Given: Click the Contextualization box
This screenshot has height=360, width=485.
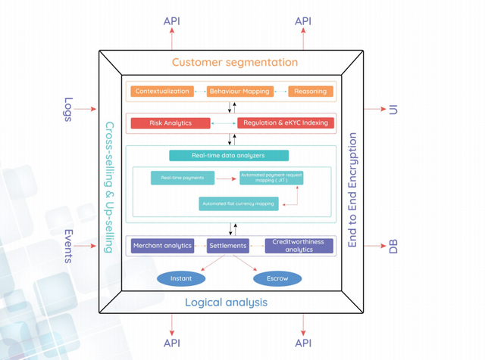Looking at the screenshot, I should click(x=162, y=92).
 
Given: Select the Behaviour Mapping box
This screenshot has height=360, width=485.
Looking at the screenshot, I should click(x=239, y=92).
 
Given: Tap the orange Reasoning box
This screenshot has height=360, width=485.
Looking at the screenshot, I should click(x=310, y=92).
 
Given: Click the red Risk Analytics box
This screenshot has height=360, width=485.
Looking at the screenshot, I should click(x=171, y=123).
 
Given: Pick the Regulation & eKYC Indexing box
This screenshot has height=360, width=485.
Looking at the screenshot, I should click(x=285, y=123).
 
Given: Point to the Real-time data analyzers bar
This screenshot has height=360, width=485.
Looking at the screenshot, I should click(x=228, y=156).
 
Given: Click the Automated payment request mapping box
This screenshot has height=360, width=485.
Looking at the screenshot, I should click(x=271, y=178).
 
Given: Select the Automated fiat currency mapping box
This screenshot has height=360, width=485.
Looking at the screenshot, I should click(x=239, y=203).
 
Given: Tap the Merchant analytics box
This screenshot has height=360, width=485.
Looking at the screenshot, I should click(x=161, y=246).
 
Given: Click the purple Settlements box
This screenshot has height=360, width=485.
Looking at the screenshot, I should click(x=228, y=246).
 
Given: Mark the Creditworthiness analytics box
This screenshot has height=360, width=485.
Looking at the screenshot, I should click(x=299, y=246).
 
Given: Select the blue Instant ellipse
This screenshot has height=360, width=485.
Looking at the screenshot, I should click(x=181, y=278).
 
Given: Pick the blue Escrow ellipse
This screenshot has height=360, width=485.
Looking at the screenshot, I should click(x=277, y=278).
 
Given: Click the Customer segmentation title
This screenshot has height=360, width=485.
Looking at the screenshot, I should click(x=235, y=62).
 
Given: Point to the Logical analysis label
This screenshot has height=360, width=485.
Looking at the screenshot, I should click(x=226, y=303).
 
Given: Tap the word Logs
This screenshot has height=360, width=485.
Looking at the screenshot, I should click(x=68, y=109).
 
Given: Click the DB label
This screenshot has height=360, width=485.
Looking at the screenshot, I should click(x=393, y=246).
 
